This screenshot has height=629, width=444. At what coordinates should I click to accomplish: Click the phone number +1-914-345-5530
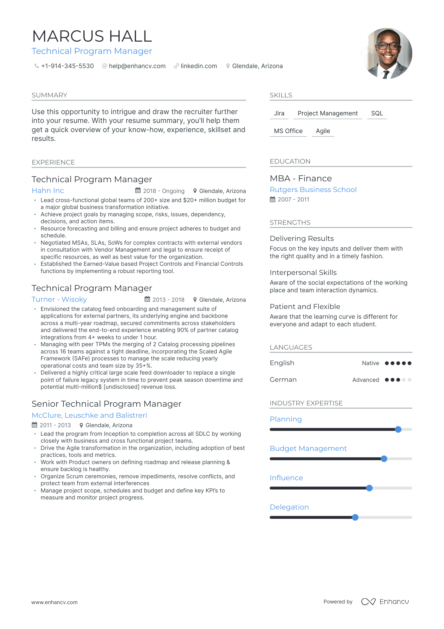click(67, 66)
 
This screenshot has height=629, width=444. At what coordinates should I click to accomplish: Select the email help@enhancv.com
click(137, 66)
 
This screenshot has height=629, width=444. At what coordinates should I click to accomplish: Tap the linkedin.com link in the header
click(199, 66)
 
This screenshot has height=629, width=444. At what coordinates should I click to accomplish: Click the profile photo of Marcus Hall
click(387, 53)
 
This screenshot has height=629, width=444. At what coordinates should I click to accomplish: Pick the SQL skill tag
click(377, 113)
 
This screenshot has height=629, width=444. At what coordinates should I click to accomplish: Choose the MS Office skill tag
click(288, 131)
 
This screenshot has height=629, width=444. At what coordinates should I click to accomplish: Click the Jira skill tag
click(279, 113)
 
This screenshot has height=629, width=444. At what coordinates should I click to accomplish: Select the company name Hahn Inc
click(48, 190)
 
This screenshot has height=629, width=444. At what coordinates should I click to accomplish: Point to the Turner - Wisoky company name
click(59, 299)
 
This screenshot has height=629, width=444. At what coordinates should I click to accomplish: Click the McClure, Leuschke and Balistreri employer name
click(89, 415)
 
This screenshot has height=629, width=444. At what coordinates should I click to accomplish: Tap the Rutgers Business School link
click(313, 189)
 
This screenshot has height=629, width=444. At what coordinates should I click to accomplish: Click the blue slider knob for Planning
click(398, 429)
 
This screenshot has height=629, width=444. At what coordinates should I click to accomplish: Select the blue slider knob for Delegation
click(355, 517)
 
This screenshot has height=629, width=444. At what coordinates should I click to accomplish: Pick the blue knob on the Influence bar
click(369, 488)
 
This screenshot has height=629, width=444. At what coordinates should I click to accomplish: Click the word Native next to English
click(370, 363)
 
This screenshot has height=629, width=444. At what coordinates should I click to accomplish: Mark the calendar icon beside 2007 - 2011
click(273, 199)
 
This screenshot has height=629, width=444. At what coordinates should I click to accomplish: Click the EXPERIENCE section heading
click(53, 162)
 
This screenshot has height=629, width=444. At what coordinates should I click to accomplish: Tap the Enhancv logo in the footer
click(385, 602)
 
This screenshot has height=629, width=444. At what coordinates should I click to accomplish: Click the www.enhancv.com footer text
click(54, 602)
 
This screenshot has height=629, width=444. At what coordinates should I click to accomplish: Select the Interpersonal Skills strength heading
click(303, 272)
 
